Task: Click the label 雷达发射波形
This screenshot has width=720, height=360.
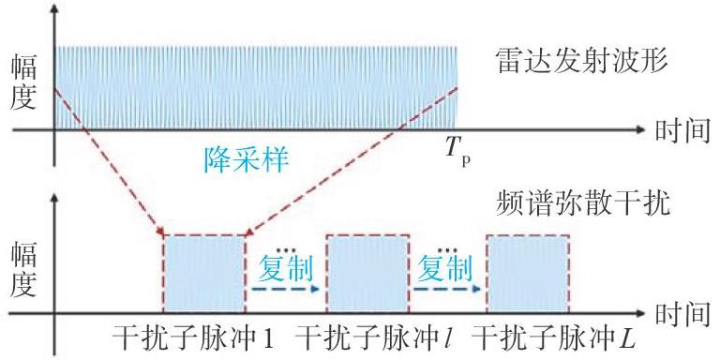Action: click(581, 62)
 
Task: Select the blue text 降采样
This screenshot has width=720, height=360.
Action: click(247, 159)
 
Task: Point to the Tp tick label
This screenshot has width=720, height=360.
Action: click(458, 156)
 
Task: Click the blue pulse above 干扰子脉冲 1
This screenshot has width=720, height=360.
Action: click(204, 274)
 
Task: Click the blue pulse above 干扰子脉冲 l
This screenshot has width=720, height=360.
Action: click(367, 274)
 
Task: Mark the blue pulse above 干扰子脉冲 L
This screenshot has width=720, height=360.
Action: click(529, 274)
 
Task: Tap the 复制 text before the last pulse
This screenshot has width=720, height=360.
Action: click(445, 268)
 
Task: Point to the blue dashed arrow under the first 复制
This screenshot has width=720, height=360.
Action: click(285, 290)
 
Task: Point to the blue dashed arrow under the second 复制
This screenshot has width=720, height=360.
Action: click(447, 290)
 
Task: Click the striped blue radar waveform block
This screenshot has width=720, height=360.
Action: click(256, 88)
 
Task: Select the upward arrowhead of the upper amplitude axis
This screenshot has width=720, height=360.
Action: click(54, 10)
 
